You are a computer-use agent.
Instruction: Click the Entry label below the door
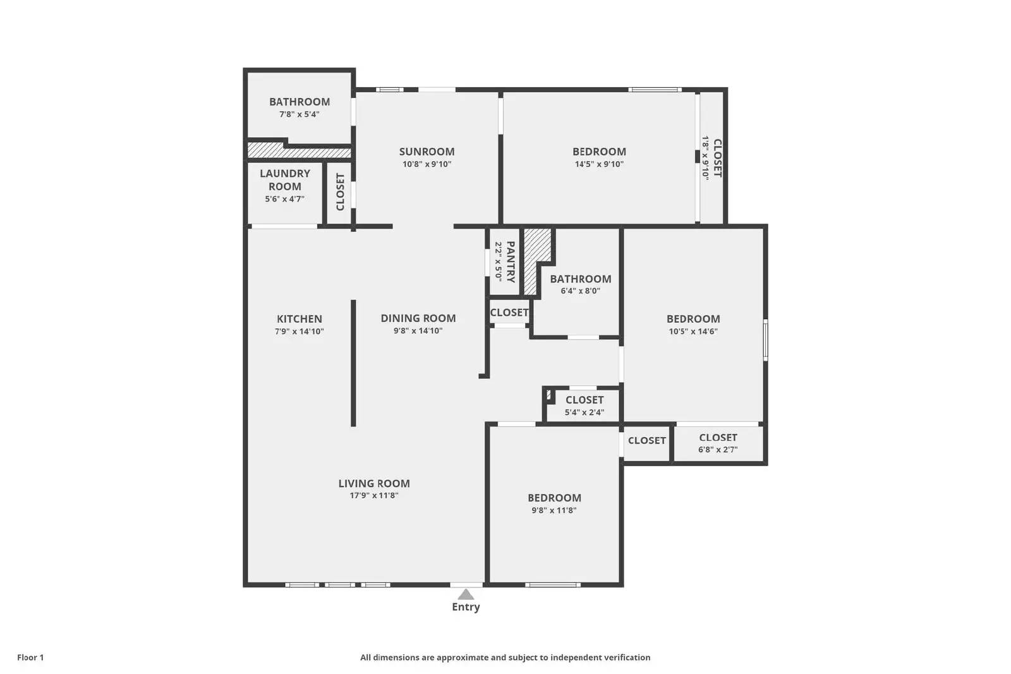point(466,607)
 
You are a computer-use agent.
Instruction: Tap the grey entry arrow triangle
point(466,594)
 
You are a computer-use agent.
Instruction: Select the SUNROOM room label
point(427,152)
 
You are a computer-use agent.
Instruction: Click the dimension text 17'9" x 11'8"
point(374,496)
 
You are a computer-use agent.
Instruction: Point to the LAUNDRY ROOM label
point(284,180)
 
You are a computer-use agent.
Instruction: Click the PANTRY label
point(511,262)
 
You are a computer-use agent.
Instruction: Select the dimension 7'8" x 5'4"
point(300,114)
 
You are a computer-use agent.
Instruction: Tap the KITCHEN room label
point(300,319)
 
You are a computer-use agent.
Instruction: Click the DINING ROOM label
point(418,318)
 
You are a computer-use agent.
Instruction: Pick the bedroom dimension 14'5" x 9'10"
point(599,164)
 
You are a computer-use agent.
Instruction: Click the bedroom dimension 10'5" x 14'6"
point(693,332)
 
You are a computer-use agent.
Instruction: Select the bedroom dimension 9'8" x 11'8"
point(554,510)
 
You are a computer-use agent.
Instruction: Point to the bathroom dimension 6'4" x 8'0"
point(580,291)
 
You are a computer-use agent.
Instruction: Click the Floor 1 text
point(30,658)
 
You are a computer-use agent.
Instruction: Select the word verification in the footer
point(624,658)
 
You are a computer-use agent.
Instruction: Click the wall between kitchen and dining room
point(353,363)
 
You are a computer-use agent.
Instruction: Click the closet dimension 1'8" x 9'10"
point(706,158)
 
